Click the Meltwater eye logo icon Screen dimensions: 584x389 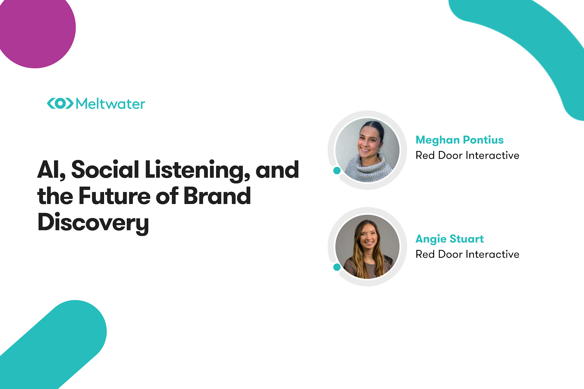coord(60,103)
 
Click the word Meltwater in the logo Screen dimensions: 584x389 coord(110,104)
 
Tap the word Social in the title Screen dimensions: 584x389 coord(105,170)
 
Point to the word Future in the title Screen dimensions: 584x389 coord(114,196)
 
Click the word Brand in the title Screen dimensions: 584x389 coord(217,196)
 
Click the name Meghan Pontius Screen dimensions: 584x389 coord(460,140)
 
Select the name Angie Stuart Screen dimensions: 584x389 coord(450,239)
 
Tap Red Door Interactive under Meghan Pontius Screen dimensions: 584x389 coord(468,155)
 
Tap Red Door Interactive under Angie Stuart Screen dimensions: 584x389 coord(468,254)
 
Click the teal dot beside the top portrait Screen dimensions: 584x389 coord(337,170)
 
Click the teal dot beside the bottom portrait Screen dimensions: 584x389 coord(337,267)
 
